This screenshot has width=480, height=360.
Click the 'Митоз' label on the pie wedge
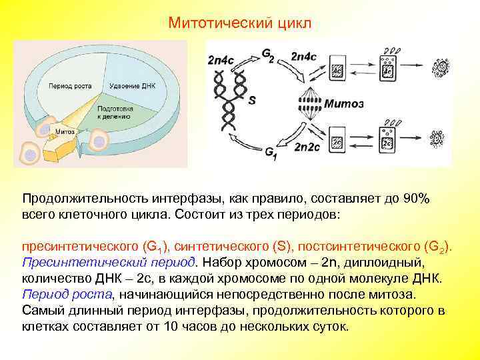point(65,131)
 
